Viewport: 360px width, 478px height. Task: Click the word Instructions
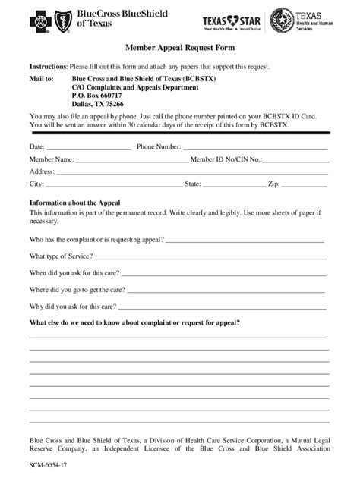[x=48, y=67]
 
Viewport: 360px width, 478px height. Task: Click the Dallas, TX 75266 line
[x=99, y=104]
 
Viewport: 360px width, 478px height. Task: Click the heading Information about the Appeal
[x=73, y=203]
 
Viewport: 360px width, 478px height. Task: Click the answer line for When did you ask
[x=220, y=273]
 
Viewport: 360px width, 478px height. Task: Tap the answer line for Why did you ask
[x=223, y=307]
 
